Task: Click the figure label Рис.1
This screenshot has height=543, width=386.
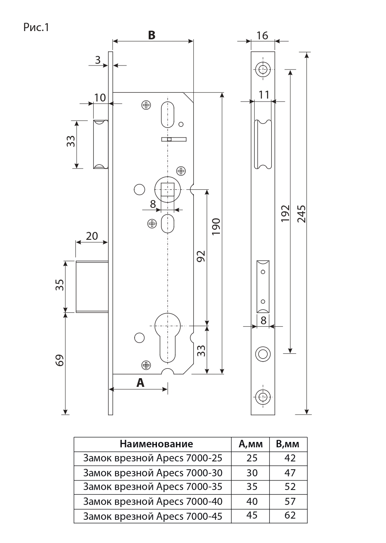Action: click(36, 28)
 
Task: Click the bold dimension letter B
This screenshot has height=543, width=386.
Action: click(152, 35)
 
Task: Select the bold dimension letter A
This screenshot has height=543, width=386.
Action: click(140, 383)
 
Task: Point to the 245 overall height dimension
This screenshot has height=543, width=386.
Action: click(302, 213)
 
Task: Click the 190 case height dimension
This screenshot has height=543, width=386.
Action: click(217, 227)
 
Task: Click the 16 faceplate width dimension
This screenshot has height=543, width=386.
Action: click(262, 35)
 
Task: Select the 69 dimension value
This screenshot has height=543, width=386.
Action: click(60, 360)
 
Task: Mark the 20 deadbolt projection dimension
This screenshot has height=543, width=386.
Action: click(92, 236)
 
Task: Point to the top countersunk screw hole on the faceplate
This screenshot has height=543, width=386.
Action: click(262, 69)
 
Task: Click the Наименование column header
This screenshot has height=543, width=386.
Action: click(156, 444)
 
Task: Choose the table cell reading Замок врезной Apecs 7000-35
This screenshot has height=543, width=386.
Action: click(152, 487)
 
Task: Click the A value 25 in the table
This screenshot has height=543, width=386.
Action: click(252, 458)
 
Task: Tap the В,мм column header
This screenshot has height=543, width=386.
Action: click(288, 444)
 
